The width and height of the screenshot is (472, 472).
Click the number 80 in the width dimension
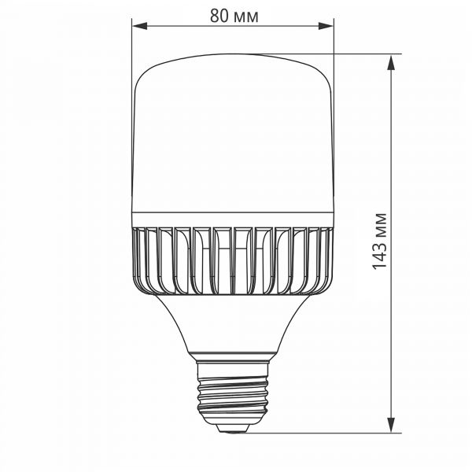[x=219, y=16]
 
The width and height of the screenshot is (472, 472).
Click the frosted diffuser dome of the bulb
[x=232, y=134]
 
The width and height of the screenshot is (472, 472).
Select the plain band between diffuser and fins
[x=232, y=219]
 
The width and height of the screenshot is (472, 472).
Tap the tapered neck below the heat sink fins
[x=232, y=323]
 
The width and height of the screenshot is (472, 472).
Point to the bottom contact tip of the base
[x=232, y=429]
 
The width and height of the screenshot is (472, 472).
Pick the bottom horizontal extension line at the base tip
[x=330, y=432]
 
